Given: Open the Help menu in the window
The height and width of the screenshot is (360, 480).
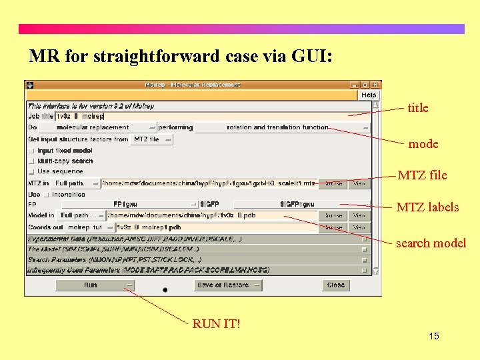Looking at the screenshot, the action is (368, 95).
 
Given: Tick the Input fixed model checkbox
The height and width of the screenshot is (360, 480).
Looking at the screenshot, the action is (31, 151).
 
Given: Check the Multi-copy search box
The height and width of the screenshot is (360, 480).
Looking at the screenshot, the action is (31, 161).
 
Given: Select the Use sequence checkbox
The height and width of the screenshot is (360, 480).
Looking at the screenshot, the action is (31, 171).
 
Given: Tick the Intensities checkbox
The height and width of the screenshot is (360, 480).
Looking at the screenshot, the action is (46, 195).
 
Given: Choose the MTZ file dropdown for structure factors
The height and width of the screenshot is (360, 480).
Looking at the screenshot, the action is (151, 139).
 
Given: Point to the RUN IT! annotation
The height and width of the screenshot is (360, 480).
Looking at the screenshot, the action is (216, 324).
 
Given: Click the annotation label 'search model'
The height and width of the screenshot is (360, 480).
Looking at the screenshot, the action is (431, 243).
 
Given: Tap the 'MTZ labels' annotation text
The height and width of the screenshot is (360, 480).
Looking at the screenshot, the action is (427, 207).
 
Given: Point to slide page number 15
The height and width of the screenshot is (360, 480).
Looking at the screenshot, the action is (433, 336).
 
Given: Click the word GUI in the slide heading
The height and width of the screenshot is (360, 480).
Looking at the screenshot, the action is (310, 57).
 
